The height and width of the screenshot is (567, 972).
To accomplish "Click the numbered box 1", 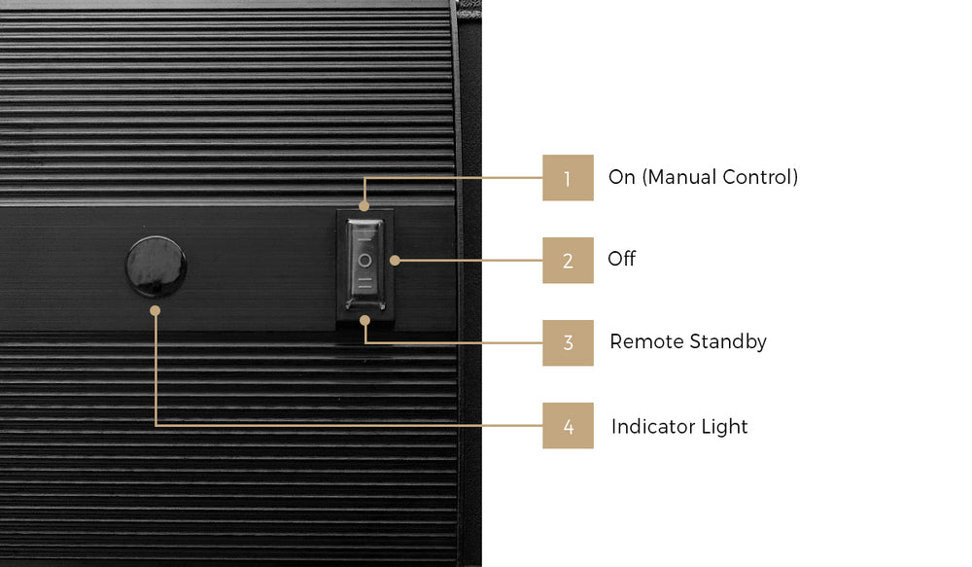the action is click(x=568, y=178).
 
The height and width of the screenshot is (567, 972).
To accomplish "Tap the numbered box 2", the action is click(x=568, y=261).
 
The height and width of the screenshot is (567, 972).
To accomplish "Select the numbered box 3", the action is click(x=568, y=343).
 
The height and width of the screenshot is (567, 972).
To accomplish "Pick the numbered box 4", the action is click(x=568, y=426).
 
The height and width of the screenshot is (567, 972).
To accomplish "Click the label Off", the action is click(x=622, y=259).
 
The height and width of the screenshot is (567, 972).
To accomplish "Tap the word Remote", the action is click(x=646, y=341).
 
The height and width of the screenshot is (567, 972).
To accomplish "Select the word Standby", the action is click(x=728, y=342).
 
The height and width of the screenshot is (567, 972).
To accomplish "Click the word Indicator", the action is click(x=653, y=427).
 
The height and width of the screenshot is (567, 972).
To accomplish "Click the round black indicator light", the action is click(x=156, y=266).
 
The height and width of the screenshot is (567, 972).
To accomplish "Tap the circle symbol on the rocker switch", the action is click(x=365, y=261).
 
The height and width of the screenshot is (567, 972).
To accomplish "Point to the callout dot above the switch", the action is click(x=364, y=206).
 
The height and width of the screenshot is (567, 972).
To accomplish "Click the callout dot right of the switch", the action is click(x=395, y=261).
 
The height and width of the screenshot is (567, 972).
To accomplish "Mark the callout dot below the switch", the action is click(x=365, y=320).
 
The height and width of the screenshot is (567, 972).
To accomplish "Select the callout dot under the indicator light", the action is click(x=156, y=310).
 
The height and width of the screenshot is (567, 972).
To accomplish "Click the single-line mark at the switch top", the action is click(x=365, y=238).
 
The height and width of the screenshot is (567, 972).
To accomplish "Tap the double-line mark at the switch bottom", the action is click(x=365, y=284).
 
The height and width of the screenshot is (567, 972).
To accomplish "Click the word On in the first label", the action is click(x=622, y=177).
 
